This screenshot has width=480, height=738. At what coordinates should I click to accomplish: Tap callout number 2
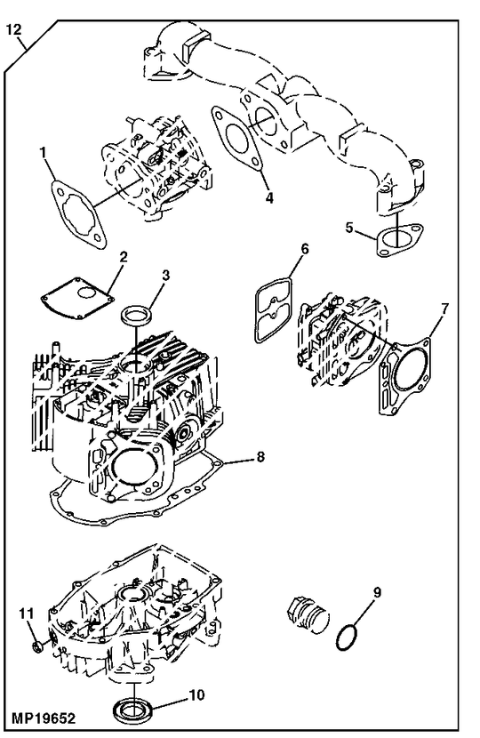[x=124, y=257]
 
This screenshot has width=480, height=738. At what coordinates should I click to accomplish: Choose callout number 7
[x=445, y=309]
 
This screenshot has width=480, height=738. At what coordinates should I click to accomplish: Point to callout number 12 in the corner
[x=12, y=29]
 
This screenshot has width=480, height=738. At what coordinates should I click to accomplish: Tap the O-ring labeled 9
[x=348, y=638]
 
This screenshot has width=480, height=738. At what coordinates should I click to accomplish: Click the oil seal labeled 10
[x=133, y=709]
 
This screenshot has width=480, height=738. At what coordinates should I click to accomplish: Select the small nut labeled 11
[x=32, y=643]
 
